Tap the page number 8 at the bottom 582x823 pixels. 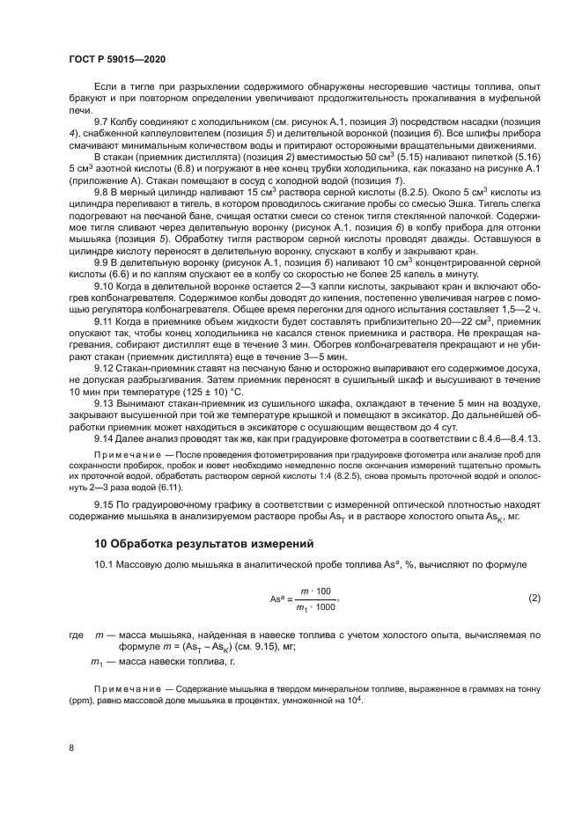tap(71, 747)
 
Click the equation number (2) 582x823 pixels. tap(534, 599)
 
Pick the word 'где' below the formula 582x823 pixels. tap(75, 635)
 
